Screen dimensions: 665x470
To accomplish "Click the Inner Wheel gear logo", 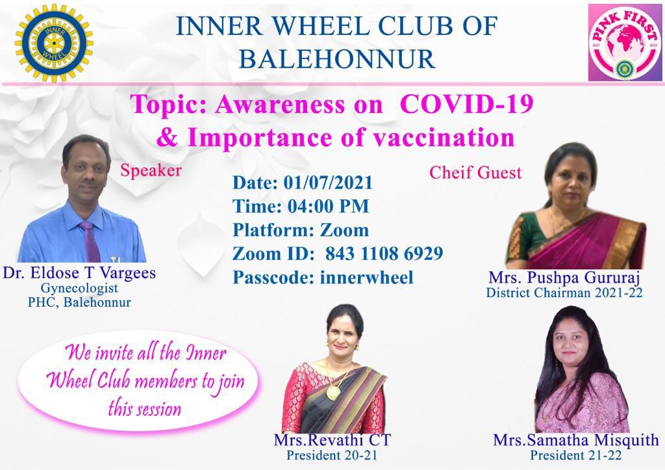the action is (x=53, y=42).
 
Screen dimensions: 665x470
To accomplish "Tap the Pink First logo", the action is (x=625, y=42).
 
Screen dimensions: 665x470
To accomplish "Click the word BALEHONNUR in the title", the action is (x=337, y=59).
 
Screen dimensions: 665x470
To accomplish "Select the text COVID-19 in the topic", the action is (x=466, y=104).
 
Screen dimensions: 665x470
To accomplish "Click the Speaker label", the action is (x=151, y=171).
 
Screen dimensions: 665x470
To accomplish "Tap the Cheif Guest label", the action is (x=475, y=172).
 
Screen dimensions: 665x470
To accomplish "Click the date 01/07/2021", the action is (x=328, y=183).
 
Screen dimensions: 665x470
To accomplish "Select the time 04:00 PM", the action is (x=328, y=206).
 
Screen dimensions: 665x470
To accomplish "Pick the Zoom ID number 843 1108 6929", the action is (x=384, y=254).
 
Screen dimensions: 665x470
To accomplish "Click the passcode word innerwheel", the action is (x=366, y=278).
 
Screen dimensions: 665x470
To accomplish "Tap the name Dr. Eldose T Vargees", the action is (x=79, y=273).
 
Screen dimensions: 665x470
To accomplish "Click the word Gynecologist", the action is (x=79, y=288).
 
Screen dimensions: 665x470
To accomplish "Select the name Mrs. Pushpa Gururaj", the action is (x=564, y=278).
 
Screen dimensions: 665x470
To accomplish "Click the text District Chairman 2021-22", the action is (x=564, y=293).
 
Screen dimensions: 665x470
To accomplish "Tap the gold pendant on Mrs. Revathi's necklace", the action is (x=333, y=393).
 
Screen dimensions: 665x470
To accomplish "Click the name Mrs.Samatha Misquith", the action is (x=576, y=440).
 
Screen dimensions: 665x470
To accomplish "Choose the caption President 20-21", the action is (x=332, y=455).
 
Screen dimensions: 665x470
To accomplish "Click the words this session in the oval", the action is (x=145, y=409).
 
